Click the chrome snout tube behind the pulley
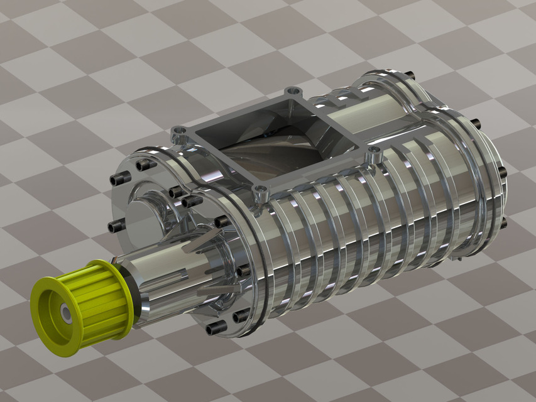[170, 276]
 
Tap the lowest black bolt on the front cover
[215, 327]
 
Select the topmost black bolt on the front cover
[146, 164]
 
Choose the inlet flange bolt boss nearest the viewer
[260, 189]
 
